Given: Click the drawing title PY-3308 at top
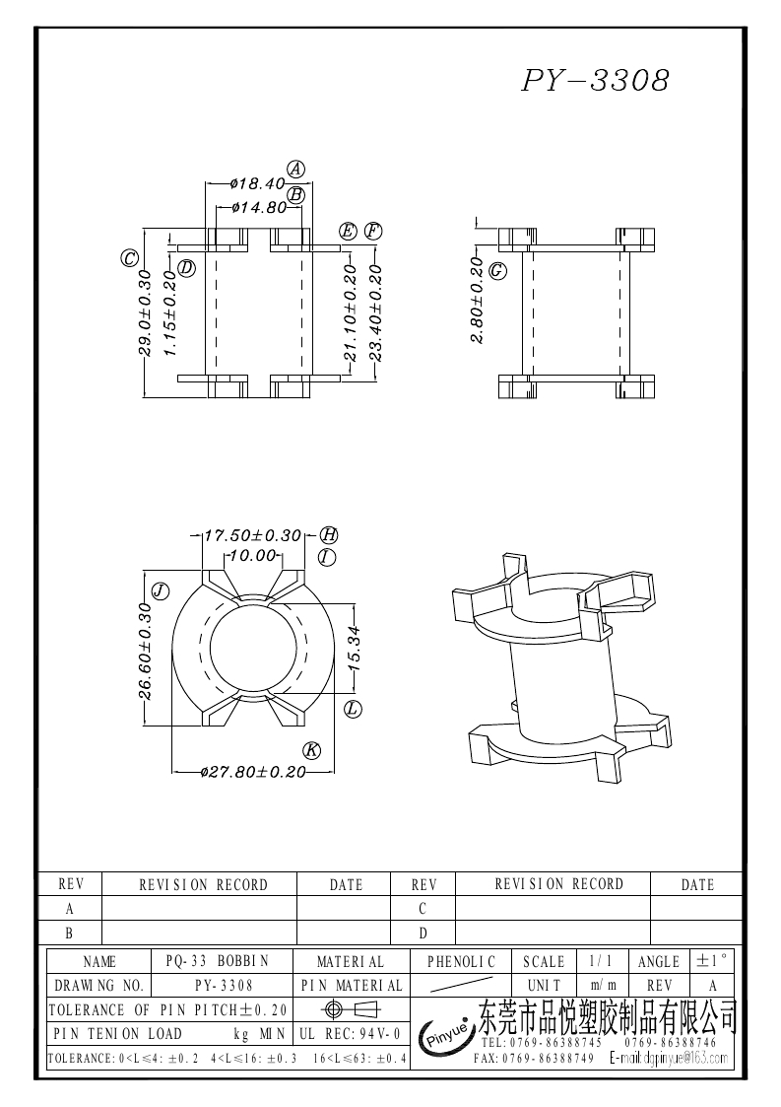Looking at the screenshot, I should pos(595,81).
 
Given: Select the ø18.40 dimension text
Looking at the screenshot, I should pos(256,183).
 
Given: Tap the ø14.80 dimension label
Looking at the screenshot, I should pos(258,208).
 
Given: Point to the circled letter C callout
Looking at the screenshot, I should pos(128,259).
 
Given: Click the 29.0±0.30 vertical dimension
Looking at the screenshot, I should pos(144,312).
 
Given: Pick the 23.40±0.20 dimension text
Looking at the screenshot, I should pos(374,312).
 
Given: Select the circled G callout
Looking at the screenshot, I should pos(498,269).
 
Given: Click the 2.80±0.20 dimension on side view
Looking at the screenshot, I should pos(477,301).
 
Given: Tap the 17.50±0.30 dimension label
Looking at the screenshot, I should pos(252,535).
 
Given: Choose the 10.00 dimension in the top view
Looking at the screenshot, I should pos(250,556).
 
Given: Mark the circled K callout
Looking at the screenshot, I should pos(311,750).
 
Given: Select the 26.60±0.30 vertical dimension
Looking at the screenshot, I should pos(145,651).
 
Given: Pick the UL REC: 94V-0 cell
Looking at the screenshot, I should pos(350,1034).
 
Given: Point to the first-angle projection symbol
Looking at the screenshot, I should pos(350,1009).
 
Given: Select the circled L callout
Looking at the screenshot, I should pos(354,708).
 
